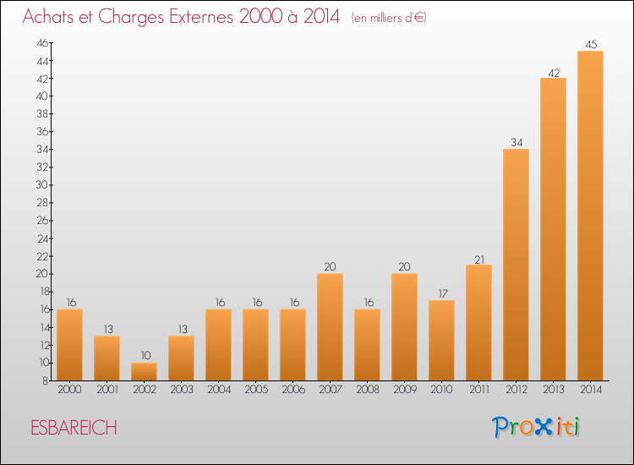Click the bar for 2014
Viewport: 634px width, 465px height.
tap(590, 216)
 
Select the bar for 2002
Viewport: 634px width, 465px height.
tap(144, 372)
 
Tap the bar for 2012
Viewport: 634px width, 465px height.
tap(516, 265)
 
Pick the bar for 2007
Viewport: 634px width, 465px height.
tap(330, 327)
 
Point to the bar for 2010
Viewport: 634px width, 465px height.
tap(441, 341)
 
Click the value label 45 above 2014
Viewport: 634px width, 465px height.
tap(591, 45)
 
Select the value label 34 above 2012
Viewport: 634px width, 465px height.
tap(516, 142)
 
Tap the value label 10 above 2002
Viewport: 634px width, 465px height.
tap(145, 355)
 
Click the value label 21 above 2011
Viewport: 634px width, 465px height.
tap(479, 260)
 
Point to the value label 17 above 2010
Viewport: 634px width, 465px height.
tap(443, 293)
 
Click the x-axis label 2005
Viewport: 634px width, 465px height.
tap(256, 390)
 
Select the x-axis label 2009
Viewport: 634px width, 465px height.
tap(405, 390)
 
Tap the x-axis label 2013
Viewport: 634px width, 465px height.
tap(553, 390)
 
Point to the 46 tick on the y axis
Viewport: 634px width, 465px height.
tap(42, 43)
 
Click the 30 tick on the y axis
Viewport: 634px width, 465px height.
tap(42, 185)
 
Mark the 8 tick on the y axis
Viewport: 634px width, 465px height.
tap(46, 380)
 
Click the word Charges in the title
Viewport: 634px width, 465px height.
tap(130, 17)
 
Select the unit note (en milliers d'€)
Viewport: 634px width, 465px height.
tap(389, 18)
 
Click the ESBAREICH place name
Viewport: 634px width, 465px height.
tap(74, 428)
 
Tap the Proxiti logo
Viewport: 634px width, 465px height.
tap(535, 427)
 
